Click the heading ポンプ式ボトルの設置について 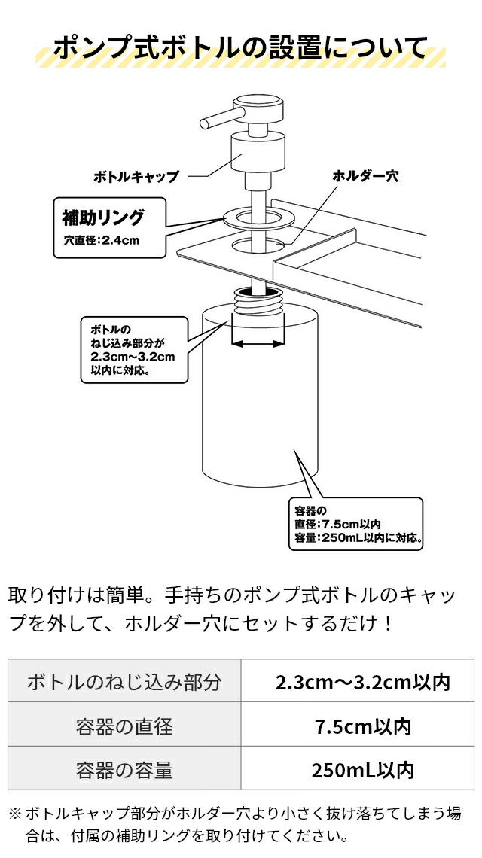tap(240, 47)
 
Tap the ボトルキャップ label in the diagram tap(136, 177)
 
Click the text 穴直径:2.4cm tap(102, 242)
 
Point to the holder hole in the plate tap(259, 245)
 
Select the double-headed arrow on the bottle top tap(258, 343)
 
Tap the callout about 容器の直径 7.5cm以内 tap(355, 524)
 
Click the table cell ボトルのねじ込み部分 tap(124, 683)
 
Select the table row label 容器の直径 tap(124, 726)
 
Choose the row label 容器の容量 tap(124, 770)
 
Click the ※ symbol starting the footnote tap(15, 814)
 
